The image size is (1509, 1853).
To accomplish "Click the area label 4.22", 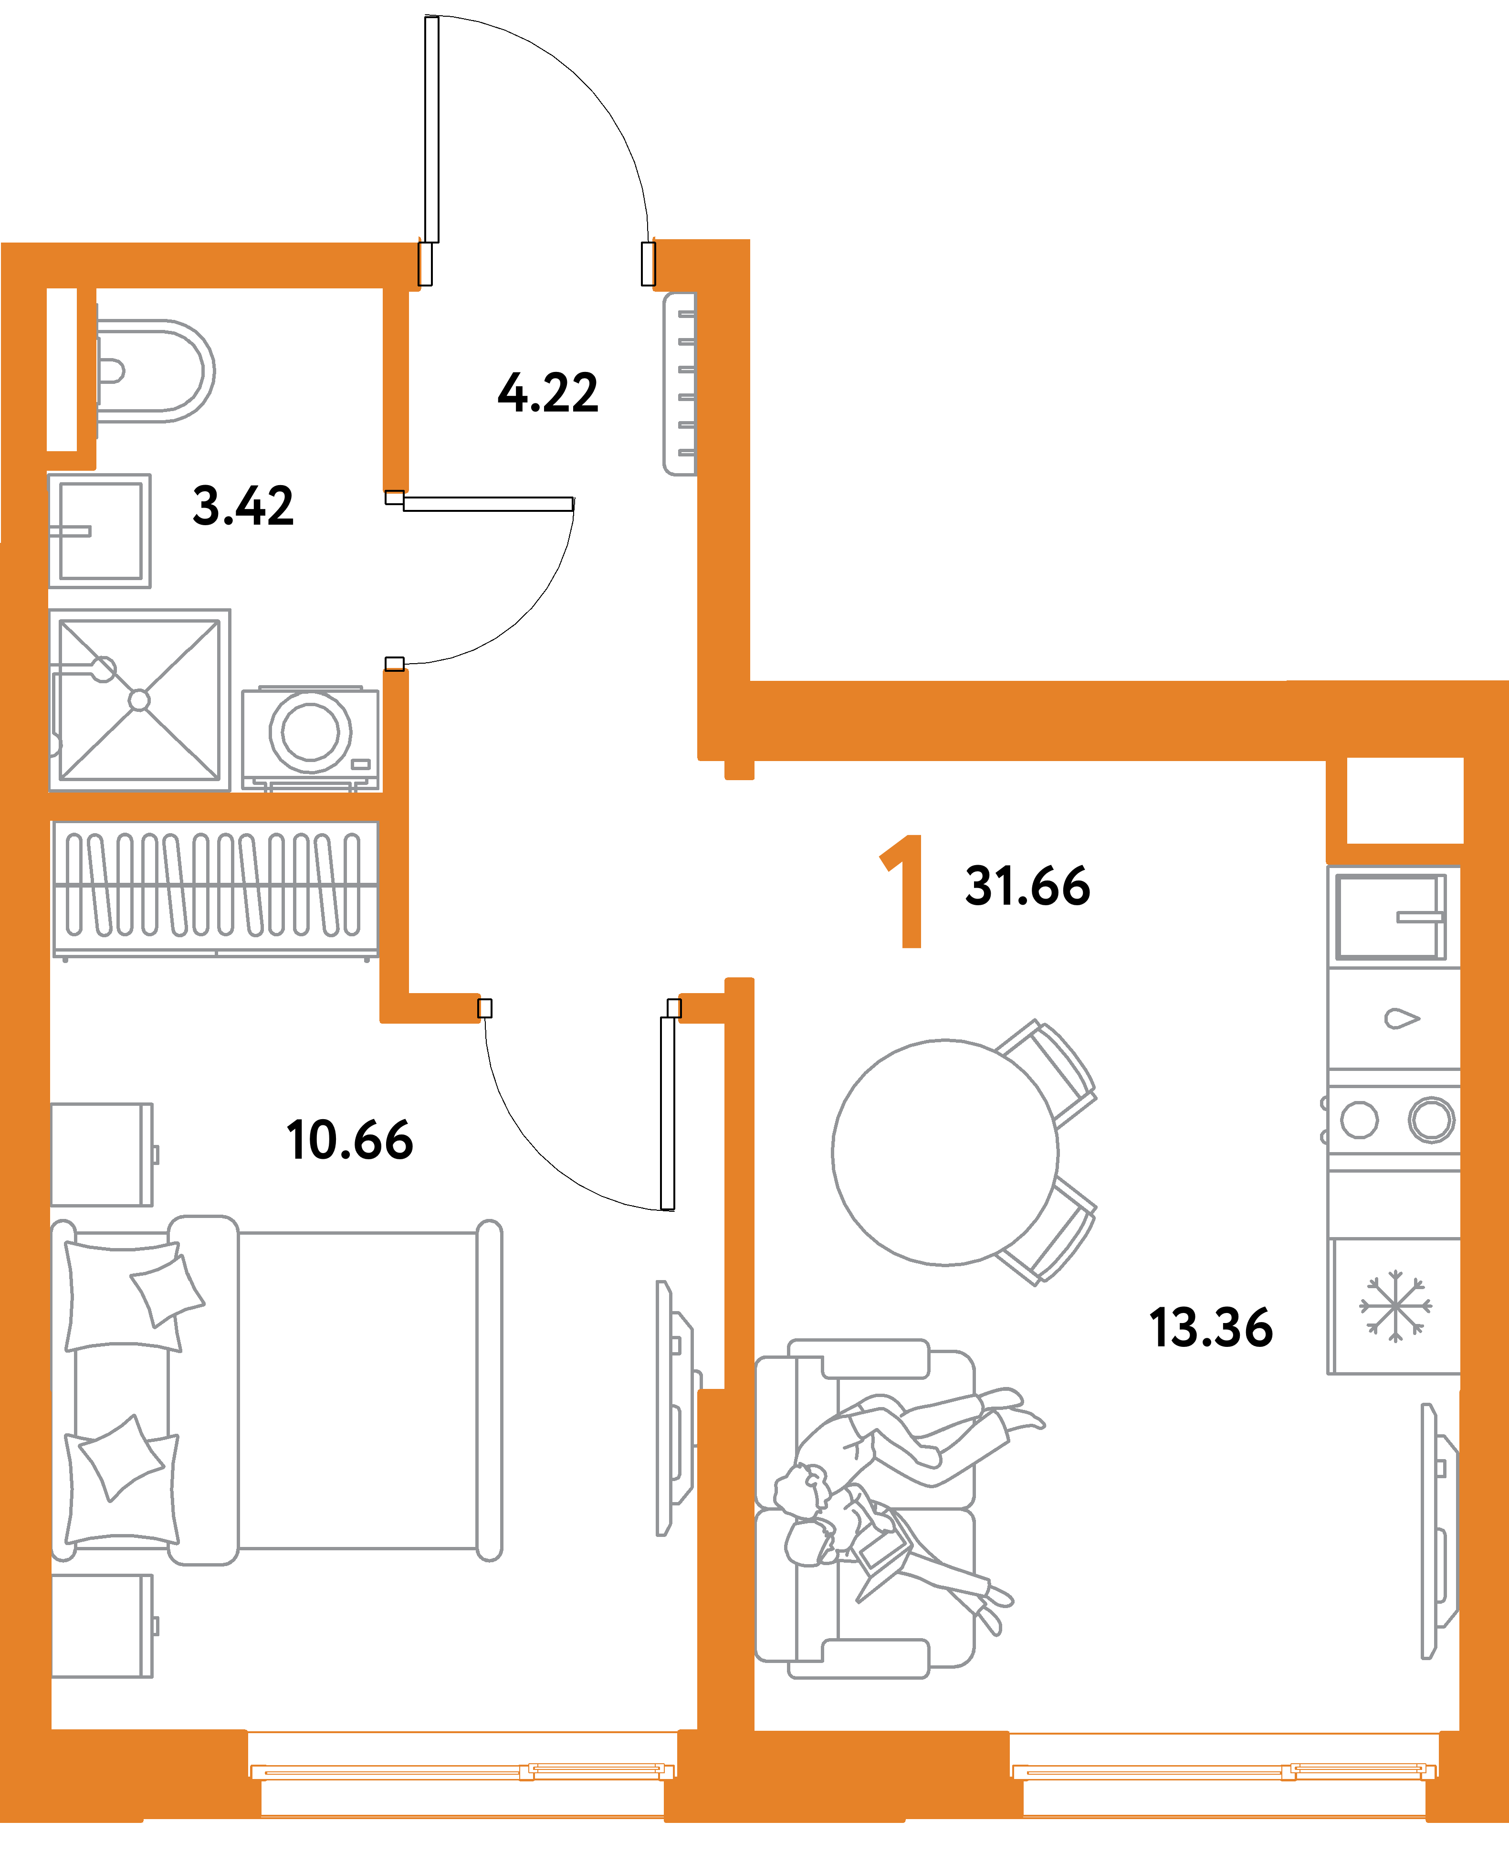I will tap(548, 393).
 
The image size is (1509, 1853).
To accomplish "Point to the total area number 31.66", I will tap(1027, 886).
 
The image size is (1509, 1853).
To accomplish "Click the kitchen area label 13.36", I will tap(1211, 1328).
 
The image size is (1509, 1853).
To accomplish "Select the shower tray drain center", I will tap(139, 700).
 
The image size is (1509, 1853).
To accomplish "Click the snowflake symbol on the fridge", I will tap(1395, 1306).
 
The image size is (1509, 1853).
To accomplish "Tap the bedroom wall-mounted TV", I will tap(674, 1408).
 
